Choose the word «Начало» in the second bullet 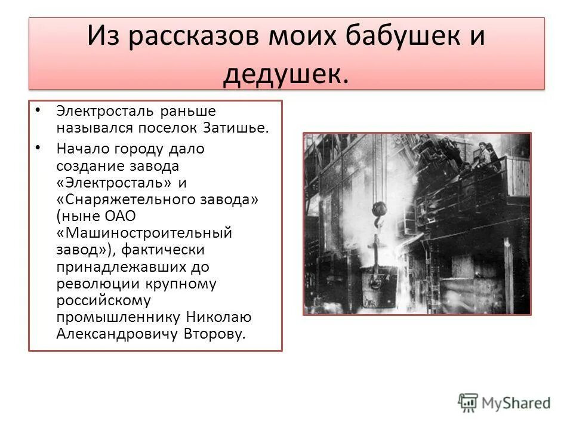[x=81, y=149]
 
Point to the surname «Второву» [x=214, y=333]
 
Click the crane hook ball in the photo [x=380, y=209]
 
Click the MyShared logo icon [x=469, y=402]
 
